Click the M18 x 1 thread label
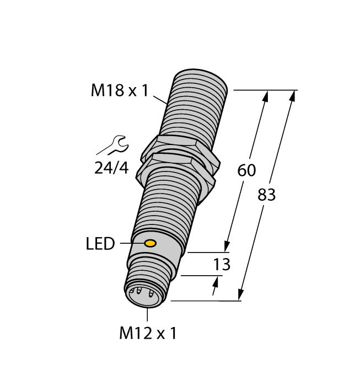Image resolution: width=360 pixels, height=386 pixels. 120,90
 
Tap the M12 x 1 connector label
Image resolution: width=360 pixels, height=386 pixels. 148,333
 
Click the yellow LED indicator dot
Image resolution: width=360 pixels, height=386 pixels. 149,244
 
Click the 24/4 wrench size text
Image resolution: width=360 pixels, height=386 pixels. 111,168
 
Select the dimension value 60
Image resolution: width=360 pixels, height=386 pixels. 246,171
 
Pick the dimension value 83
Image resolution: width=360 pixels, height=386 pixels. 266,195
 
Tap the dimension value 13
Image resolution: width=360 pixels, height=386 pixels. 222,265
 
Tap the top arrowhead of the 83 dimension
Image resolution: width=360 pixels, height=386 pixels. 292,97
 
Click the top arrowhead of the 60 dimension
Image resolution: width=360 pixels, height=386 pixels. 265,98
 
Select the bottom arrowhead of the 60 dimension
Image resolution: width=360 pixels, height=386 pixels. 227,245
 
